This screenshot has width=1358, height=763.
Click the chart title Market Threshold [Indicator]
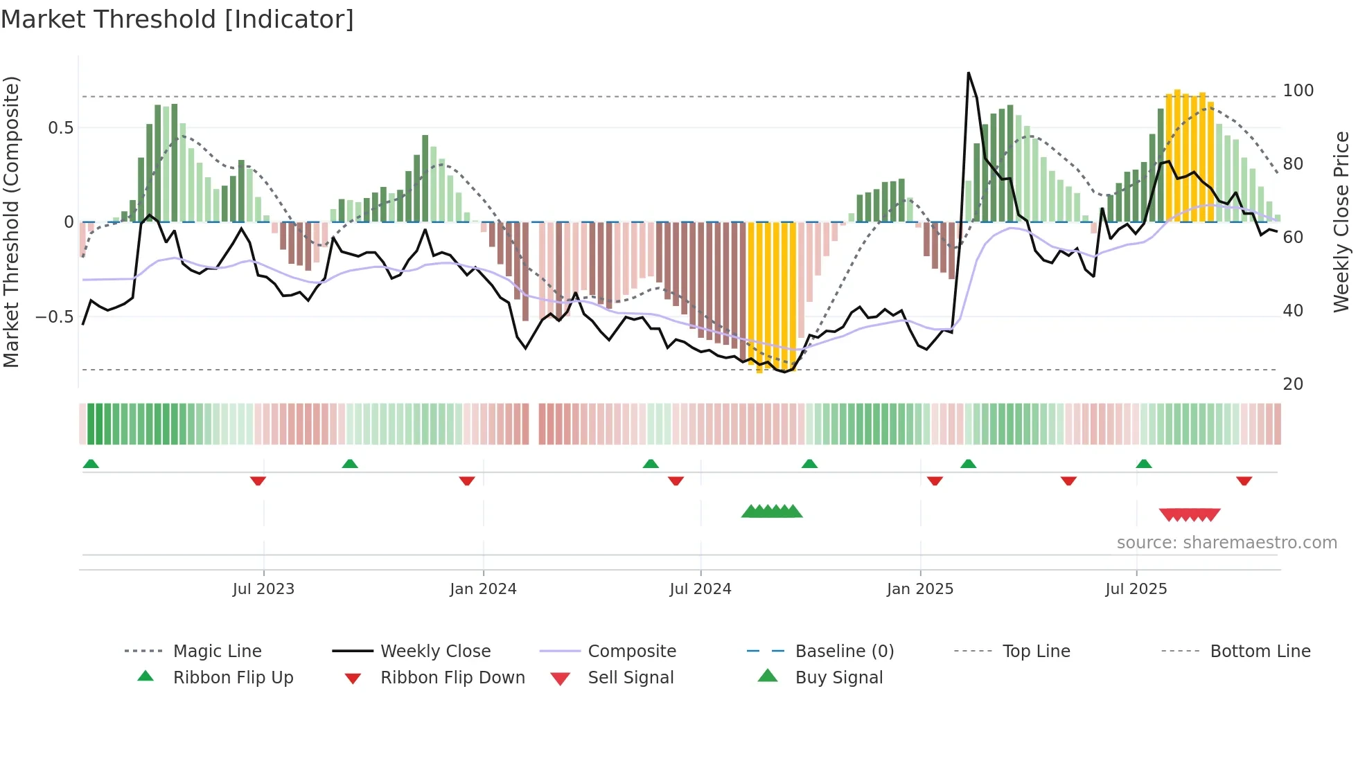tap(177, 19)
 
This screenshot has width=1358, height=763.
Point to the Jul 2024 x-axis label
tap(700, 589)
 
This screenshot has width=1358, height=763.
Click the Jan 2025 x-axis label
tap(919, 589)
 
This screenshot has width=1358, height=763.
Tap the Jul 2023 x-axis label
tap(263, 589)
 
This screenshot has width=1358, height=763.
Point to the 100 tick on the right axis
tap(1298, 91)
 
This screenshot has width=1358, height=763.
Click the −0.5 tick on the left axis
tap(54, 317)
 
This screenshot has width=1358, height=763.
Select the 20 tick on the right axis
tap(1293, 384)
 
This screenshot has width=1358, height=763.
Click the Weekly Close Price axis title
tap(1341, 222)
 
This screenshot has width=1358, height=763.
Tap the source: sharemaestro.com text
tap(1226, 543)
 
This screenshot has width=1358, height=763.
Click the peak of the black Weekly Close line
tap(968, 73)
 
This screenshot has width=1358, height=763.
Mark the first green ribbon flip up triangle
tap(91, 464)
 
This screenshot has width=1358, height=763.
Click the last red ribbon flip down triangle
tap(1244, 481)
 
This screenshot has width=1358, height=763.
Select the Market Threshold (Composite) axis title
tap(11, 222)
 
